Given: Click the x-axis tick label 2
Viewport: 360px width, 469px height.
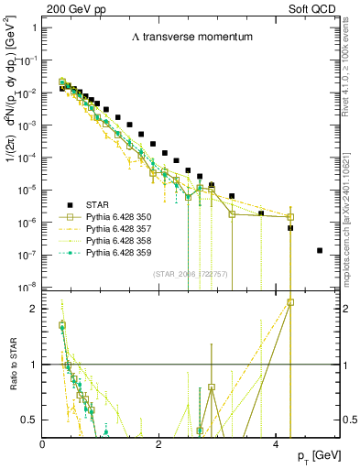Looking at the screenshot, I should point(158,443).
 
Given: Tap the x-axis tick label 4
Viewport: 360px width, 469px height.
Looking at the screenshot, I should point(276,443).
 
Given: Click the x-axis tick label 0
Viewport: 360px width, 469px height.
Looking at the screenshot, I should point(42,443).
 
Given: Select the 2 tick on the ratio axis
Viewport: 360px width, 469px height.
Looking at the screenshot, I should point(33,309).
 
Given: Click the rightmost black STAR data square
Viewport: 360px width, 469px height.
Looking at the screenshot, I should point(319,250).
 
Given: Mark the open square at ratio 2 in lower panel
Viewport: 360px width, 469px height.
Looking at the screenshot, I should point(290,301).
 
